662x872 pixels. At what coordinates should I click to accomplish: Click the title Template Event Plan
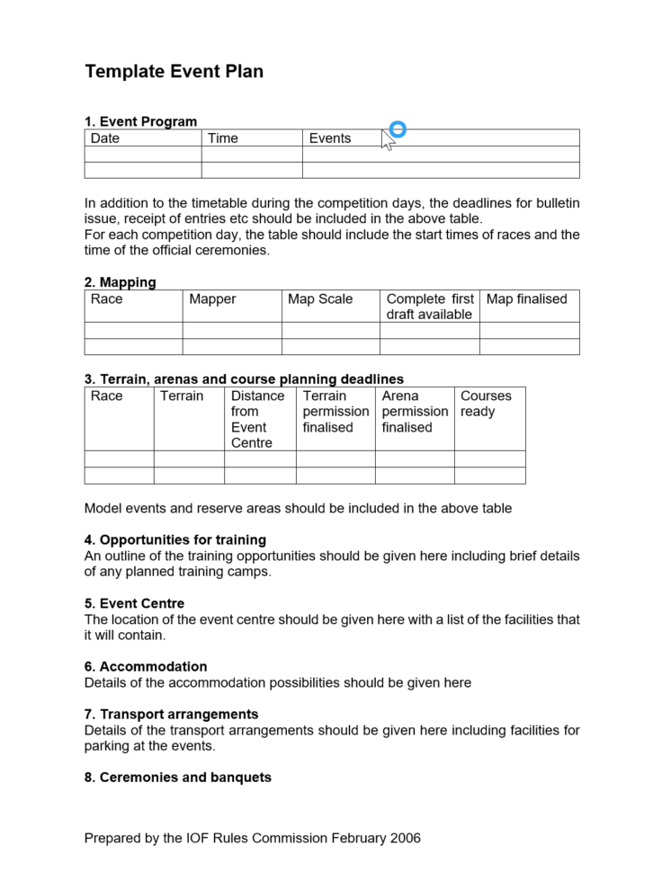(x=174, y=72)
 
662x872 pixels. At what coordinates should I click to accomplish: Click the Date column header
(x=105, y=138)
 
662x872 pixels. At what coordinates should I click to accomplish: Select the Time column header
(x=223, y=138)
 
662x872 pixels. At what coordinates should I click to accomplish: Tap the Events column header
(x=330, y=138)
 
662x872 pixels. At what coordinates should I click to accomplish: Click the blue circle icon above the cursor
(x=398, y=129)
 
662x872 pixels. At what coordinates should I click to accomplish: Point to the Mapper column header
(x=213, y=299)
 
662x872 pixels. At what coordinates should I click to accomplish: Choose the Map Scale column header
(x=320, y=299)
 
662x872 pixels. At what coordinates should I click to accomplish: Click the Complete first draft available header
(x=429, y=307)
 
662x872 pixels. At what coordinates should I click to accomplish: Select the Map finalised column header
(x=527, y=299)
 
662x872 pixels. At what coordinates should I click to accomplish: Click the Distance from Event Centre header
(x=257, y=419)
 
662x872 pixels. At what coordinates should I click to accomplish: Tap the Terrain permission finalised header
(x=335, y=412)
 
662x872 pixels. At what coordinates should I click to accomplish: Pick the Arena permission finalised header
(x=414, y=412)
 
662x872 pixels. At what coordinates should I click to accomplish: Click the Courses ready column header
(x=486, y=404)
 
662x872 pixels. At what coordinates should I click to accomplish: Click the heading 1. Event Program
(x=140, y=122)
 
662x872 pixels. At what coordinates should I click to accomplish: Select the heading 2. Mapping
(x=120, y=282)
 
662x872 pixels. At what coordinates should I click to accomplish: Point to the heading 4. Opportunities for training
(x=174, y=540)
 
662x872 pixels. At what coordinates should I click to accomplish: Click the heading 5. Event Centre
(x=134, y=603)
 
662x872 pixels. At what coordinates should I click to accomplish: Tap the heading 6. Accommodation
(x=146, y=666)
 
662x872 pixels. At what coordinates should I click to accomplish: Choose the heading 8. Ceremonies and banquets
(x=177, y=777)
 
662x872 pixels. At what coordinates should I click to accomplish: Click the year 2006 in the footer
(x=406, y=838)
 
